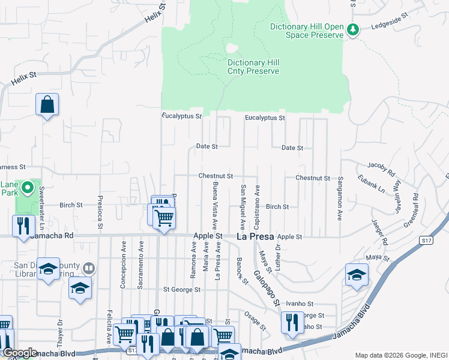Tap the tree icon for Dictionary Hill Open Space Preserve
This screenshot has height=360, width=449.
tap(354, 30)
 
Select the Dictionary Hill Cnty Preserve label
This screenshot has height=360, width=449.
tap(253, 67)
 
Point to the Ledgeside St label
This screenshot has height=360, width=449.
tap(389, 26)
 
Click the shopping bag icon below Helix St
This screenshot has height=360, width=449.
tap(47, 105)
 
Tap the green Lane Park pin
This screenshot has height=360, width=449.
tap(27, 189)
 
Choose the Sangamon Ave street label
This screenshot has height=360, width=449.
tap(340, 199)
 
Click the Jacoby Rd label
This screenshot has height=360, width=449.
tap(382, 168)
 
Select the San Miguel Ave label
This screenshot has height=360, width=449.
tap(243, 207)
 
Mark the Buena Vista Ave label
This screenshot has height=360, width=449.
tap(214, 202)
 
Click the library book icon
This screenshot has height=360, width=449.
tap(89, 268)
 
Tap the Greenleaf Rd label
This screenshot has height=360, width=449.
tap(412, 204)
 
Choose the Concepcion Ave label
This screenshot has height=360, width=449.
tap(123, 273)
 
